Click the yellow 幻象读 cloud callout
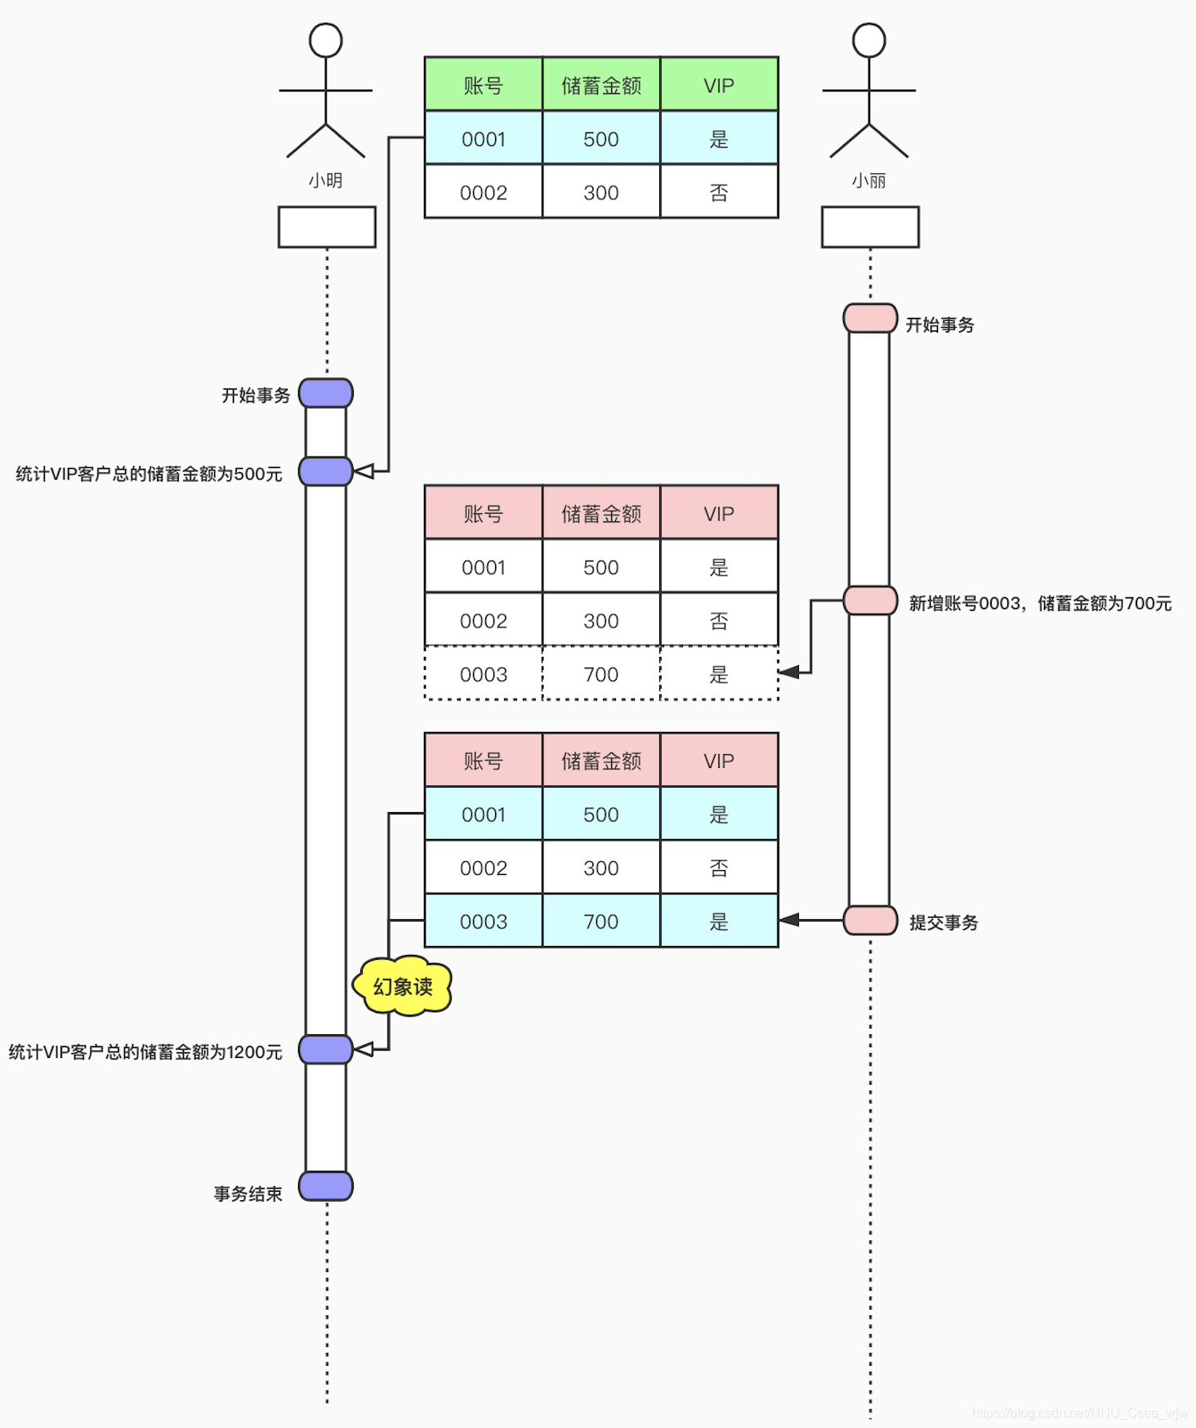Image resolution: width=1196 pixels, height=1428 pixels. [x=402, y=986]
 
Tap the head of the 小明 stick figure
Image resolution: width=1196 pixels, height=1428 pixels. [x=325, y=40]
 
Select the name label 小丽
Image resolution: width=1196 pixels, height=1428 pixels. [x=868, y=181]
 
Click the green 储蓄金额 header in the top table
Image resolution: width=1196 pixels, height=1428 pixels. [x=601, y=85]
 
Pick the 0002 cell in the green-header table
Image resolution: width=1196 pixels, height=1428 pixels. [x=484, y=193]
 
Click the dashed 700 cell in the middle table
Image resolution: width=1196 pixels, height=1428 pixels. [x=601, y=675]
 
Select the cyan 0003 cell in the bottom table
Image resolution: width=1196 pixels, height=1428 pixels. [x=484, y=922]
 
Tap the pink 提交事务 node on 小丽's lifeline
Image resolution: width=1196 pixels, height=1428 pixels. [x=870, y=921]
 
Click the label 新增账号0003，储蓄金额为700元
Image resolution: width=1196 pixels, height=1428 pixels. [x=1040, y=604]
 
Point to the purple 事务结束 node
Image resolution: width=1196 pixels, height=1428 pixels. [x=326, y=1186]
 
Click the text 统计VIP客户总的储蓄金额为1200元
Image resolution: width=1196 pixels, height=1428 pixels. [x=145, y=1052]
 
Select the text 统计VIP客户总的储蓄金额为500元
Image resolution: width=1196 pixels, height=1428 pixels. [x=149, y=474]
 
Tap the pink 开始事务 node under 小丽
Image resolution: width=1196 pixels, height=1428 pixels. [x=870, y=319]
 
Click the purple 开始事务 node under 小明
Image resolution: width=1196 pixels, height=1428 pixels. [x=326, y=393]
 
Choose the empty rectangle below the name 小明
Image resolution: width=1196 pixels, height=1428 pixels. [x=327, y=227]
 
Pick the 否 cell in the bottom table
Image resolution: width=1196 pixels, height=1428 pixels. [x=719, y=868]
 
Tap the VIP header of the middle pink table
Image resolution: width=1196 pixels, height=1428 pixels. [x=719, y=514]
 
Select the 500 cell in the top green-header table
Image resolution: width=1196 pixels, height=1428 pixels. [x=601, y=139]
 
